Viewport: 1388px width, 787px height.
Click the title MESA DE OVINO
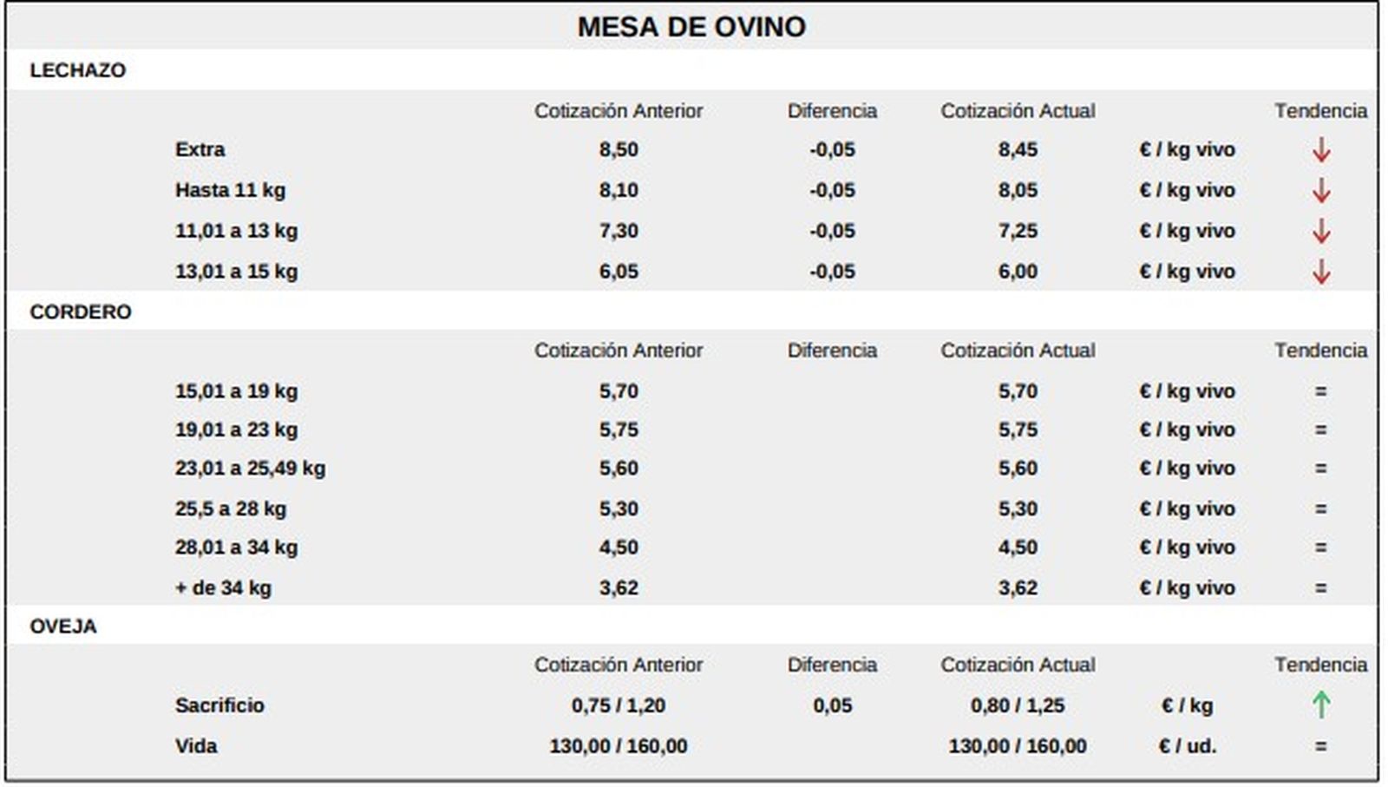click(691, 27)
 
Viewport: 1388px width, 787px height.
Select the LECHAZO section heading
click(77, 70)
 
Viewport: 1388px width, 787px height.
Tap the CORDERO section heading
click(80, 312)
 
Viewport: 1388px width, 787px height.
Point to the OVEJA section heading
click(62, 626)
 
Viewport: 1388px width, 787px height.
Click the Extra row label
click(200, 149)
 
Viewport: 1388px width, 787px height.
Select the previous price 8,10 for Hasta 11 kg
click(618, 190)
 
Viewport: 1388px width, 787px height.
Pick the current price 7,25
click(1017, 231)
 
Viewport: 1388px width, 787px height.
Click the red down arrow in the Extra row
click(1320, 150)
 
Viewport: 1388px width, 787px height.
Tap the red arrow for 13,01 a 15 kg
click(1320, 272)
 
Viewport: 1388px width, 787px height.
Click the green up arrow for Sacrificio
click(1320, 705)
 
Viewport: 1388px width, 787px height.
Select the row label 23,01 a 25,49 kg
click(250, 469)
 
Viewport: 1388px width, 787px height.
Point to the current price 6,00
click(1017, 272)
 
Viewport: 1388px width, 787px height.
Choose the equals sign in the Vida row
click(1320, 746)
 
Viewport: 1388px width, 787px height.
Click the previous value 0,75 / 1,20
click(618, 705)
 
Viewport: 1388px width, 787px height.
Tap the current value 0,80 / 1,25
click(1017, 705)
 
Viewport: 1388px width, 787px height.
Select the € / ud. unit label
click(1187, 746)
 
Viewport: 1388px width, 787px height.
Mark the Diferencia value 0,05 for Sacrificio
click(832, 705)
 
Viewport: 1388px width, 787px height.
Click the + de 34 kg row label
click(223, 587)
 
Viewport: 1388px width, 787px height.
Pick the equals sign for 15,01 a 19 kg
click(1320, 391)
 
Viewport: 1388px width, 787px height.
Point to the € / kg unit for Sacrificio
click(1187, 705)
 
